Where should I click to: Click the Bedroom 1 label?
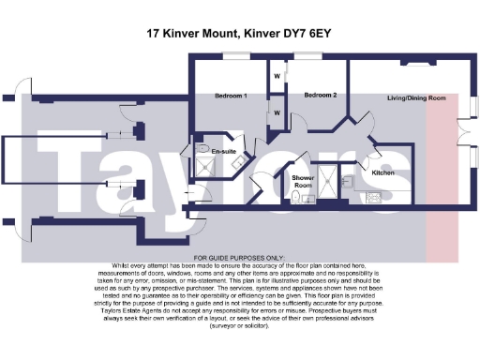230,96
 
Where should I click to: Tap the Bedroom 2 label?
321,95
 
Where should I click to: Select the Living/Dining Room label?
417,97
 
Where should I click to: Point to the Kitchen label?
383,172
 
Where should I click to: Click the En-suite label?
222,150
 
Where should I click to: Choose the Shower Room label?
302,181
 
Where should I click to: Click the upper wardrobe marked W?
277,75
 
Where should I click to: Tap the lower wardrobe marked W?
277,112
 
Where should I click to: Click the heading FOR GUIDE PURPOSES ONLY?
239,257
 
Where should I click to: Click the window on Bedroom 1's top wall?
231,55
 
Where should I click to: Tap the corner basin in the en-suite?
236,163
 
